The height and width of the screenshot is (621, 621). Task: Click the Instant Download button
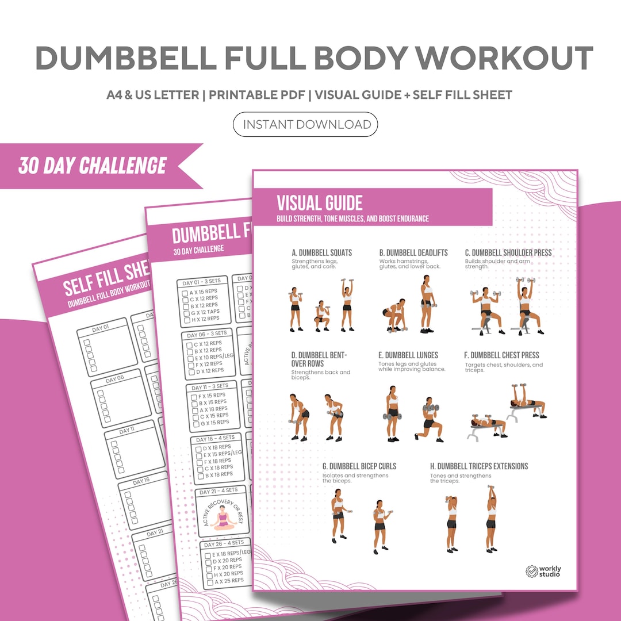pos(305,125)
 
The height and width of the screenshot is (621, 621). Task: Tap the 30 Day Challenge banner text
pos(93,166)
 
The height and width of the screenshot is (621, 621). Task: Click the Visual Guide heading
pos(320,203)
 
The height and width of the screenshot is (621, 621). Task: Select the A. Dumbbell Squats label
pos(322,252)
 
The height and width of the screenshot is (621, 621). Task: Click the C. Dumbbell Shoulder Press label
pos(508,252)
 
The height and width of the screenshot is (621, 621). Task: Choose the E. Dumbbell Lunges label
pos(408,355)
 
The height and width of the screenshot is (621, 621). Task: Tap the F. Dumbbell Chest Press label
pos(502,355)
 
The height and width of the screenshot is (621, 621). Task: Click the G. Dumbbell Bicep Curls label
pos(359,466)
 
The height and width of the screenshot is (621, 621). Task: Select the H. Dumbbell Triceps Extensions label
pos(479,466)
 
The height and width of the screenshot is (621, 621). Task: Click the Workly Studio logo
pos(543,571)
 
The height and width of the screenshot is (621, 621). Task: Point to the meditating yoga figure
pos(222,520)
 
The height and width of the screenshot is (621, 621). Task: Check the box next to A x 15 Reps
pos(185,293)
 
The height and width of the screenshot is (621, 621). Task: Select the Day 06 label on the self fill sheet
pos(116,378)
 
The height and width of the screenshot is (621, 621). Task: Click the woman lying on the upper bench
pos(526,401)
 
